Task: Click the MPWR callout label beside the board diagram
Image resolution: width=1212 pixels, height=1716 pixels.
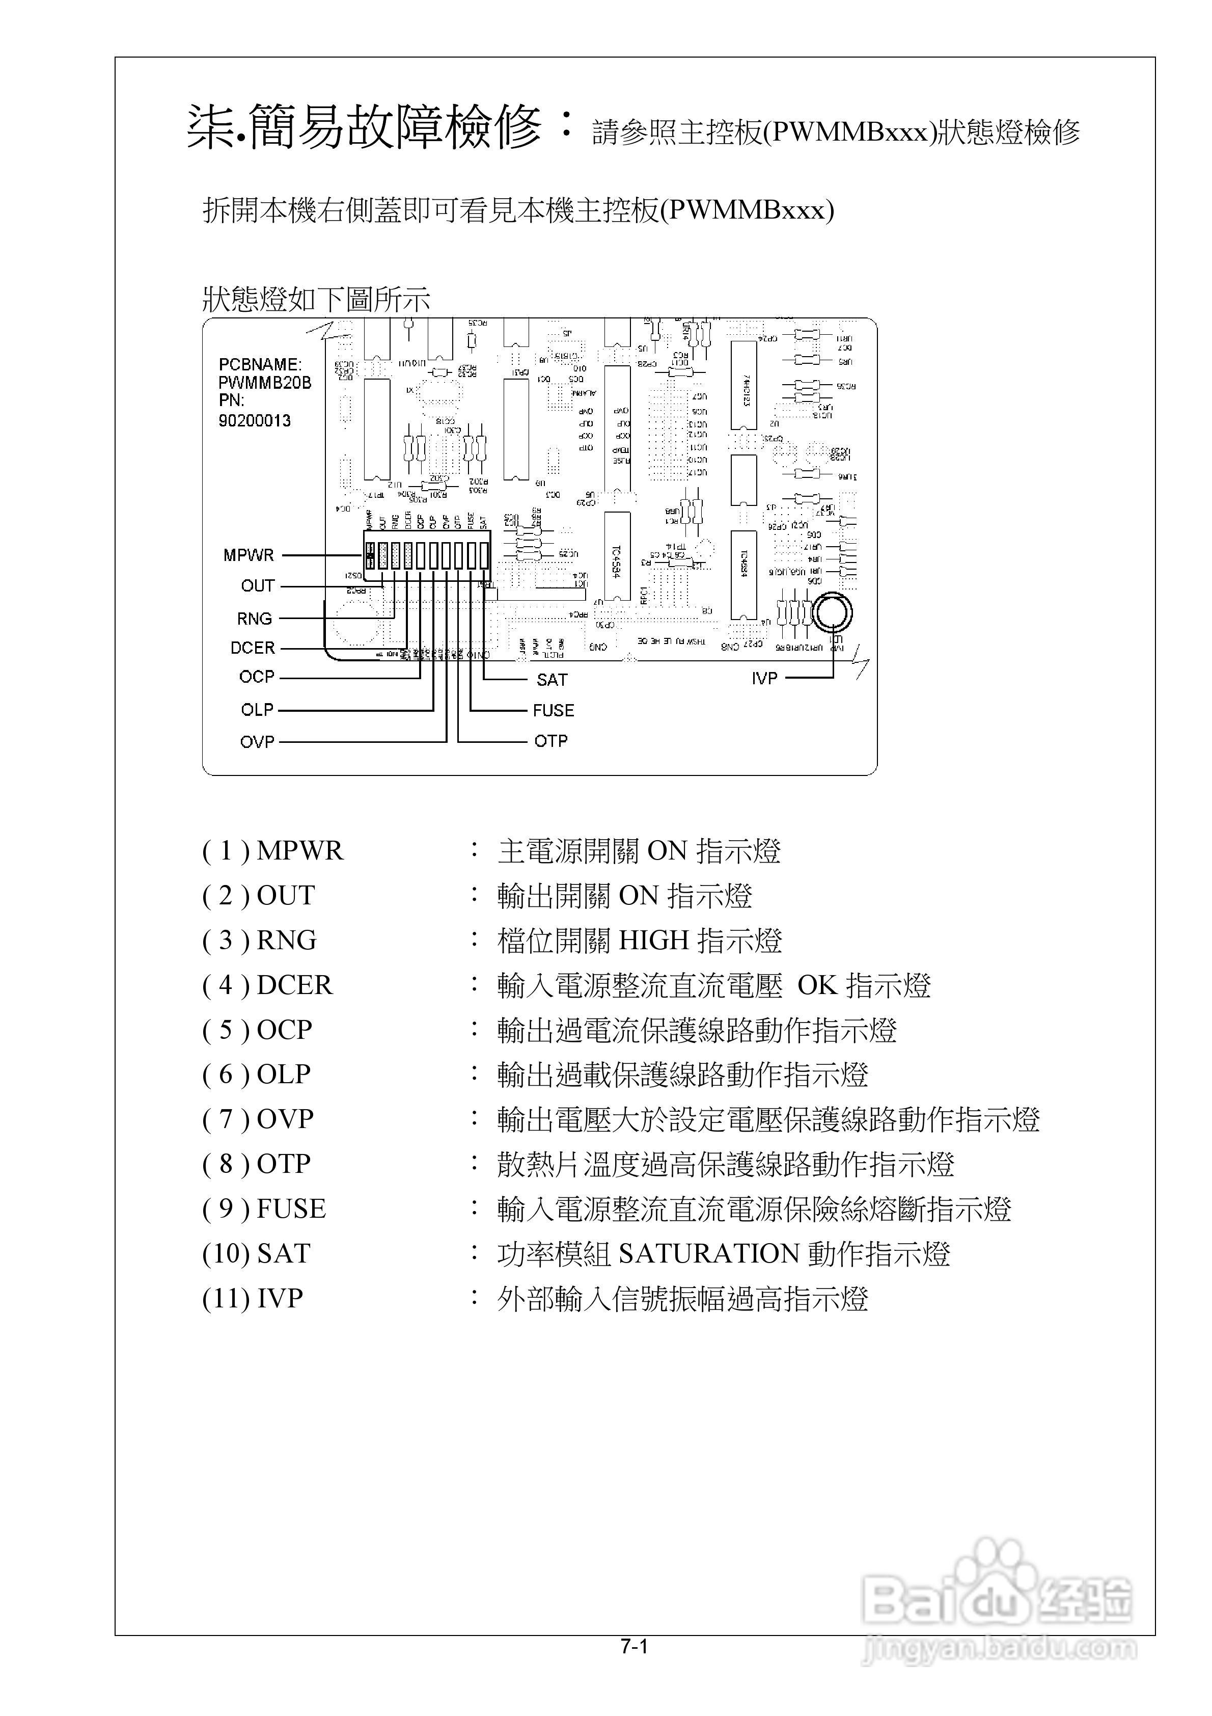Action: [249, 555]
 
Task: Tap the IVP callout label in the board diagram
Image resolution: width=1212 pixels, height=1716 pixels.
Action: [764, 678]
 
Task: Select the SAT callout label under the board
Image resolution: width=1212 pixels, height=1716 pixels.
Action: [552, 679]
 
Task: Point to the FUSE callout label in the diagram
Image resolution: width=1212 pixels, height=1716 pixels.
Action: [554, 710]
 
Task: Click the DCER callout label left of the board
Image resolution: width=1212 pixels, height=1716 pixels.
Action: [253, 648]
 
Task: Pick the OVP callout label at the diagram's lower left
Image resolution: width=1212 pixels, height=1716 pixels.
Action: [257, 742]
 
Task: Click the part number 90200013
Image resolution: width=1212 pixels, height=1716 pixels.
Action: [254, 421]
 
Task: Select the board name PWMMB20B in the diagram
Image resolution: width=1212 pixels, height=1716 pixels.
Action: [264, 383]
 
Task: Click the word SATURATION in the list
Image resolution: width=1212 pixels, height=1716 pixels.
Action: [709, 1253]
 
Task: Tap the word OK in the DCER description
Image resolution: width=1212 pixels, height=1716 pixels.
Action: [817, 985]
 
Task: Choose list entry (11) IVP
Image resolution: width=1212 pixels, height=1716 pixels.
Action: [253, 1298]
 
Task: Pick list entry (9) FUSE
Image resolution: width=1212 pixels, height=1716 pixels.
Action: [264, 1209]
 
